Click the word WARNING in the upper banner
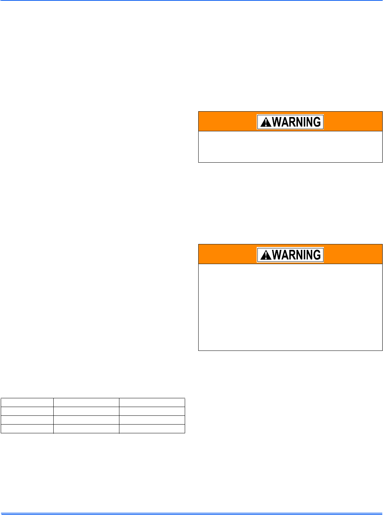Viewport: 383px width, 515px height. click(296, 122)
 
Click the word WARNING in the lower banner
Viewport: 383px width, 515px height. click(296, 255)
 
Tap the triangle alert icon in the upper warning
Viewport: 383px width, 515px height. click(265, 122)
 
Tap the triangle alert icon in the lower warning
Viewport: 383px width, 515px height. click(265, 255)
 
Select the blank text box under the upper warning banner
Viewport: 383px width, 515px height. click(290, 147)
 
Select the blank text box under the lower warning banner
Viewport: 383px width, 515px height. click(290, 307)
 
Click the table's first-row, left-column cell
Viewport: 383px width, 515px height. click(27, 403)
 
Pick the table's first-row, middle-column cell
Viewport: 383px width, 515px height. click(86, 403)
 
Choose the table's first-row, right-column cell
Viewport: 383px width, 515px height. click(152, 403)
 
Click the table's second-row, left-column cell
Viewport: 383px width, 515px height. click(27, 411)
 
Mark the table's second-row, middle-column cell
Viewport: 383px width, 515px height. click(86, 411)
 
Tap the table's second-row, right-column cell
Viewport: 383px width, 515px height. click(152, 411)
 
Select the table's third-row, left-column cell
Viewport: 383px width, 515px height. click(27, 420)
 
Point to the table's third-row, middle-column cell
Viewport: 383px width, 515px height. click(86, 420)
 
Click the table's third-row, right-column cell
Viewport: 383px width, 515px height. click(152, 420)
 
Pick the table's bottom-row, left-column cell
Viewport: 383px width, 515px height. click(27, 429)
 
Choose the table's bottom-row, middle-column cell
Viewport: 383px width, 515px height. click(86, 429)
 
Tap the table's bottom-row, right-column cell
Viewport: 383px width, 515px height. click(152, 429)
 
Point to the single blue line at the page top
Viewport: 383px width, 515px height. click(191, 1)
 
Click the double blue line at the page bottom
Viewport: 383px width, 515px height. click(191, 514)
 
